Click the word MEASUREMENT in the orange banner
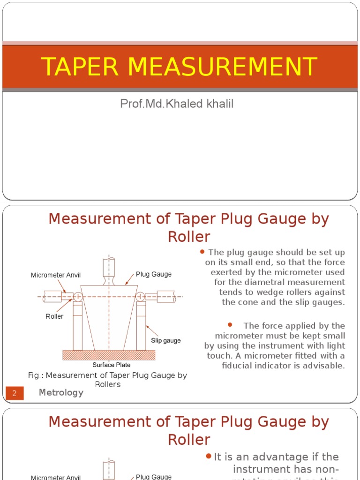pos(222,67)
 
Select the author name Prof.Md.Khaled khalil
pos(177,104)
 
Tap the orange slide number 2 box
pos(15,393)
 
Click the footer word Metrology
pos(61,393)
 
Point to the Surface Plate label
pos(111,365)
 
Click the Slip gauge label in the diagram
pos(165,340)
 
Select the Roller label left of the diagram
pos(54,316)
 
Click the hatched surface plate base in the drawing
pos(109,355)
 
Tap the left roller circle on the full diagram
pos(78,296)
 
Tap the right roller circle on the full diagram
pos(140,296)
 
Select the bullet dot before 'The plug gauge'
pos(202,252)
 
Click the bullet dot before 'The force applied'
pos(230,325)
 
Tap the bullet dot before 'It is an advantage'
pos(209,457)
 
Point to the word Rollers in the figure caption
pos(108,384)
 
